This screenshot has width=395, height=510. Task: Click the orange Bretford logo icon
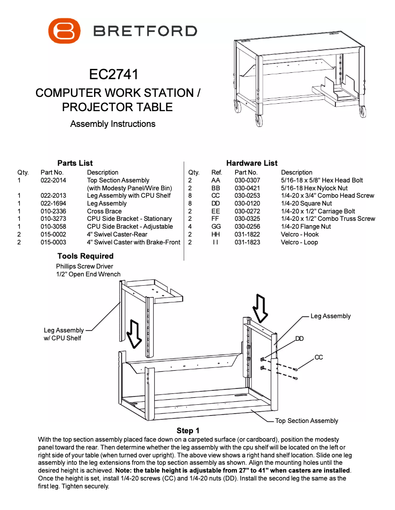click(x=64, y=31)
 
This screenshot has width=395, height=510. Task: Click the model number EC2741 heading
click(x=114, y=75)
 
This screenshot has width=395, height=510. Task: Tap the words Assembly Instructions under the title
click(x=113, y=124)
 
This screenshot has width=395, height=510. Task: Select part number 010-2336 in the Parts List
click(x=53, y=211)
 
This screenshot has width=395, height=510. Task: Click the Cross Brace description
click(x=104, y=211)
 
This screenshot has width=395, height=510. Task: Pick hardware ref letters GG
click(x=216, y=227)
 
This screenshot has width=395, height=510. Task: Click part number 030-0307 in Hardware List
click(x=247, y=180)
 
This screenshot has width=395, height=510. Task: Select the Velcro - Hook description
click(x=299, y=235)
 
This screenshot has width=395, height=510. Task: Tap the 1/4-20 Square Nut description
click(x=306, y=204)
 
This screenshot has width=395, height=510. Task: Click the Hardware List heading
click(x=252, y=163)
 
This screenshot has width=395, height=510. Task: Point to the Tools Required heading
click(x=85, y=256)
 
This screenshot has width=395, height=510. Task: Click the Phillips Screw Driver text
click(x=84, y=267)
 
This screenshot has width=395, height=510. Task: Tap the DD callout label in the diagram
click(x=299, y=339)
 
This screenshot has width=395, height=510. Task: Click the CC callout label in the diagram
click(x=319, y=357)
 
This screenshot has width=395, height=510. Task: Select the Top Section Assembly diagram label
click(x=306, y=421)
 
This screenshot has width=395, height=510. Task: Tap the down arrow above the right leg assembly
click(x=261, y=306)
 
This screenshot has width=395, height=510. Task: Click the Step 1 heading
click(x=188, y=431)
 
